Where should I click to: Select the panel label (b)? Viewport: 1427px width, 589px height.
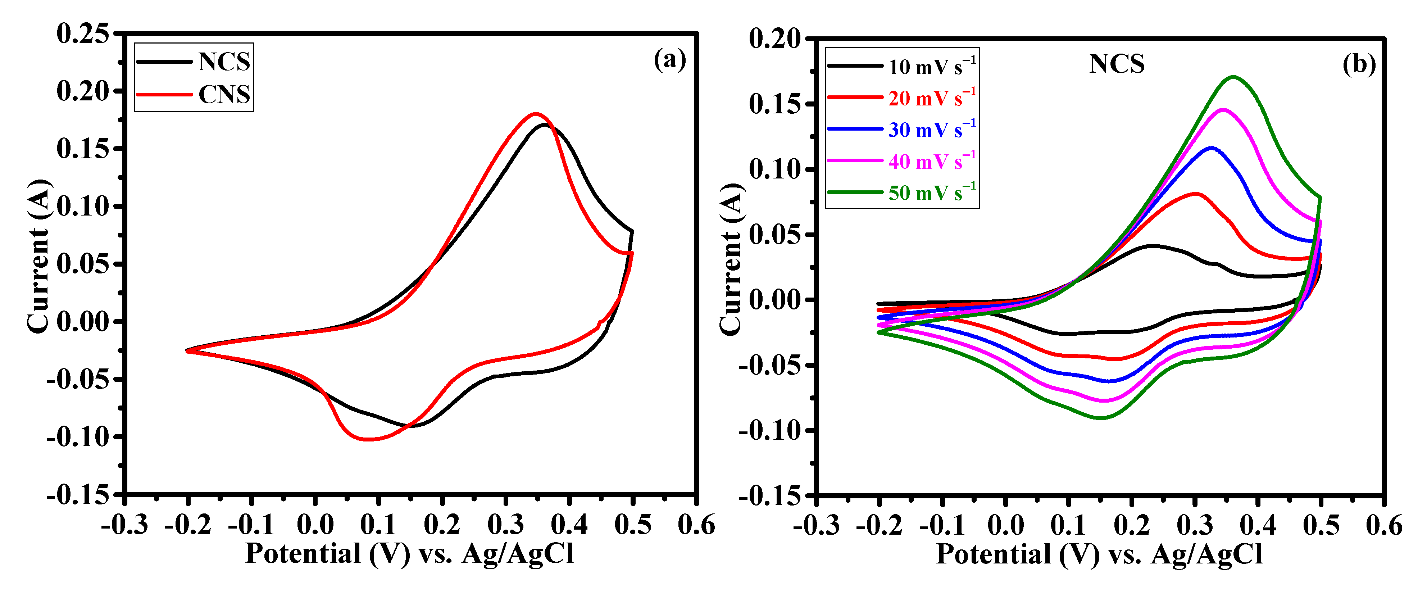point(1359,65)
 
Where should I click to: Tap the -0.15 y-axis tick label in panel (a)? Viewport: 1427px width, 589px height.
point(78,494)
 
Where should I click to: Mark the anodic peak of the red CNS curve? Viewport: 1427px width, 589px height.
point(535,114)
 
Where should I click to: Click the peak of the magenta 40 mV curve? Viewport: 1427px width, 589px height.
point(1223,110)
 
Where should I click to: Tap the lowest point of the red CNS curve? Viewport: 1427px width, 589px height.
point(367,439)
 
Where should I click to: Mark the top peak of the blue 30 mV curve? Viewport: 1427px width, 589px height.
point(1212,148)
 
